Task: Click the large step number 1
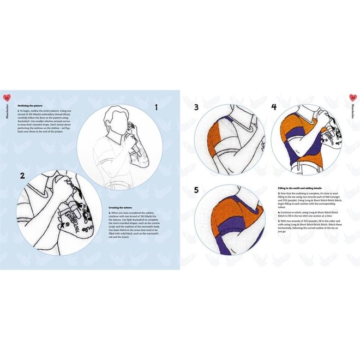pyautogui.click(x=155, y=108)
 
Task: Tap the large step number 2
pyautogui.click(x=22, y=176)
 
